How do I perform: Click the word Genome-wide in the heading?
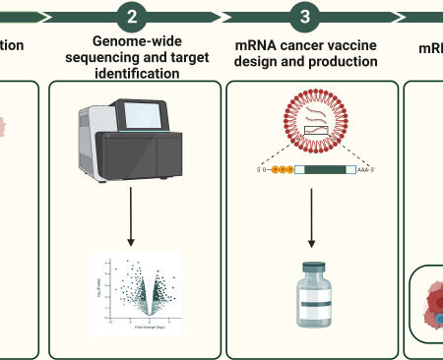coord(134,42)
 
